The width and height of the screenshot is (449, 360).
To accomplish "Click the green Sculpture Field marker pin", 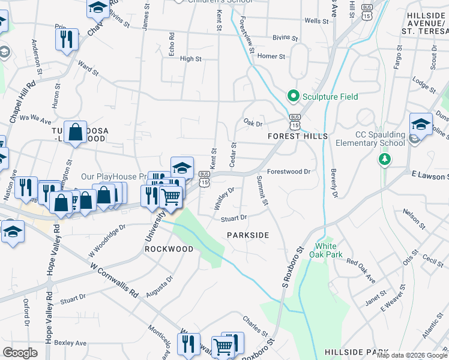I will [293, 96].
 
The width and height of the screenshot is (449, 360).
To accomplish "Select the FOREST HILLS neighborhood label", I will [298, 136].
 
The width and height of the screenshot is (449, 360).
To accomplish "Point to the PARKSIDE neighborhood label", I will [247, 235].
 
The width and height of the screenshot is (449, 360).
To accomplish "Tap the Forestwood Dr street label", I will [288, 171].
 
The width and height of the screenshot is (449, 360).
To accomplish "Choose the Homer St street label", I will [270, 56].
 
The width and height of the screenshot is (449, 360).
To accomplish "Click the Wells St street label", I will [317, 21].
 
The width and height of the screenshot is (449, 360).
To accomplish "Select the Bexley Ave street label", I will [70, 343].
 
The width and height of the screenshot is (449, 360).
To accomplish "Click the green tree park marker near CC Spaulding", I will [384, 160].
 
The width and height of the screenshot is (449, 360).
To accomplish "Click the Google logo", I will [20, 353].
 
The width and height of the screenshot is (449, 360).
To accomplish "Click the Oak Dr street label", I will [253, 123].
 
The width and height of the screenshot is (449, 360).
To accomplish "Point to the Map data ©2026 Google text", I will [412, 356].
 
